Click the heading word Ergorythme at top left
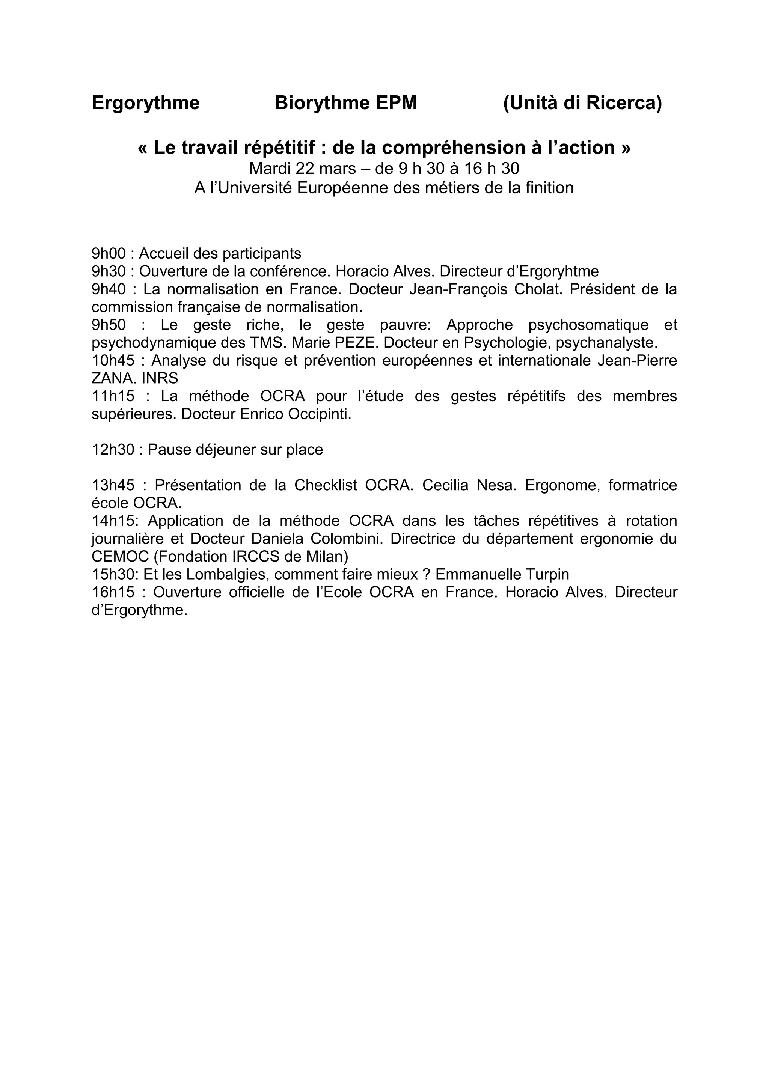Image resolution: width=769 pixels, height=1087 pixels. (x=145, y=103)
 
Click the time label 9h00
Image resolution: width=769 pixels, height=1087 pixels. (x=109, y=254)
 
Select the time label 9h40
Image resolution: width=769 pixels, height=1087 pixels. (x=109, y=289)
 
